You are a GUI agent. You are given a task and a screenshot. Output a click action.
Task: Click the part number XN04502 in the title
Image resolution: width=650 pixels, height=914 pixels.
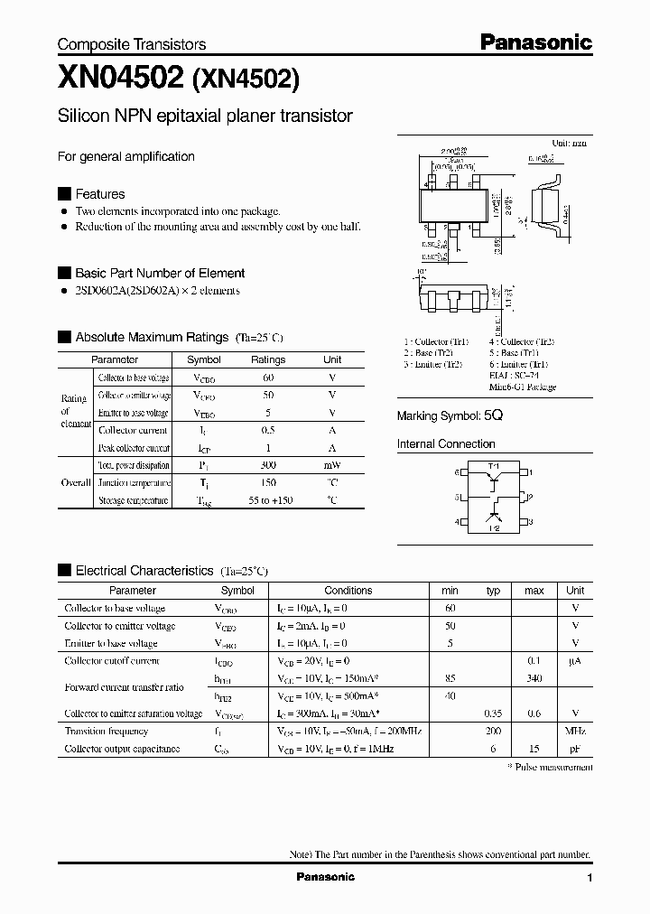coord(120,79)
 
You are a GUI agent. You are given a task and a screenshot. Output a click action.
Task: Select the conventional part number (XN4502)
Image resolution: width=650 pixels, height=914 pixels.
coord(245,79)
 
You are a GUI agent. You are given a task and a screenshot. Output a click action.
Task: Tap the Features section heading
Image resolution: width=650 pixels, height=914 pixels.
coord(99,194)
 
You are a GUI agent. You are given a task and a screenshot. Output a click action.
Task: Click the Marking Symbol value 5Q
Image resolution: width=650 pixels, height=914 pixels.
coord(493,416)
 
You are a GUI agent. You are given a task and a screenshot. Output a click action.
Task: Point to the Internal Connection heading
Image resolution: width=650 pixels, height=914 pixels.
coord(446,444)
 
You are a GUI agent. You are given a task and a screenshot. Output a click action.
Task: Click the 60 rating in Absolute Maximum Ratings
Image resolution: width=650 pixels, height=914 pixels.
coord(268,378)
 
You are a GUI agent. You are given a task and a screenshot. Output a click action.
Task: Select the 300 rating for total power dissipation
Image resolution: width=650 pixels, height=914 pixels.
coord(268,465)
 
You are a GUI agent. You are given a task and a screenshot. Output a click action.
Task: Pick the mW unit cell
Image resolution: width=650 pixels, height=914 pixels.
coord(332,465)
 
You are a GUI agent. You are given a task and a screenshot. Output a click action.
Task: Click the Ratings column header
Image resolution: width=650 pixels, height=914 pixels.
coord(268,359)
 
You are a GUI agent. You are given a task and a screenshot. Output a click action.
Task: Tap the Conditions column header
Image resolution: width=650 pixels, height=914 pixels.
coord(348,591)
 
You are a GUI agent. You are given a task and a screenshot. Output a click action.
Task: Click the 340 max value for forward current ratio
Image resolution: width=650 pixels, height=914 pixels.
coord(534,679)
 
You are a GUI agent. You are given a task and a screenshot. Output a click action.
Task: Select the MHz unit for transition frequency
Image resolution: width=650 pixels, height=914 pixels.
coord(575,732)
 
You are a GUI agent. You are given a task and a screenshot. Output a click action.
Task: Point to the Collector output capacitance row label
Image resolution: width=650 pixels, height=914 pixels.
coord(122,749)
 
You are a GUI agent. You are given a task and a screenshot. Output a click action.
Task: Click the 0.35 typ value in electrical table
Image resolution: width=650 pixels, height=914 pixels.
coord(493,714)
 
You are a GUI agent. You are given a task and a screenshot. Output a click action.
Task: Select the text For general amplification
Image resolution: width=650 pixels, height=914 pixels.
coord(126,156)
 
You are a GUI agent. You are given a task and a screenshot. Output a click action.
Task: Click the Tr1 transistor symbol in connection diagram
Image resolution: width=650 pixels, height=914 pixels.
coord(494,481)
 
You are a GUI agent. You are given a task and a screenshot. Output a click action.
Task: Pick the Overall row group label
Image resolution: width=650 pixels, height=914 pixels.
coord(75,482)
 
